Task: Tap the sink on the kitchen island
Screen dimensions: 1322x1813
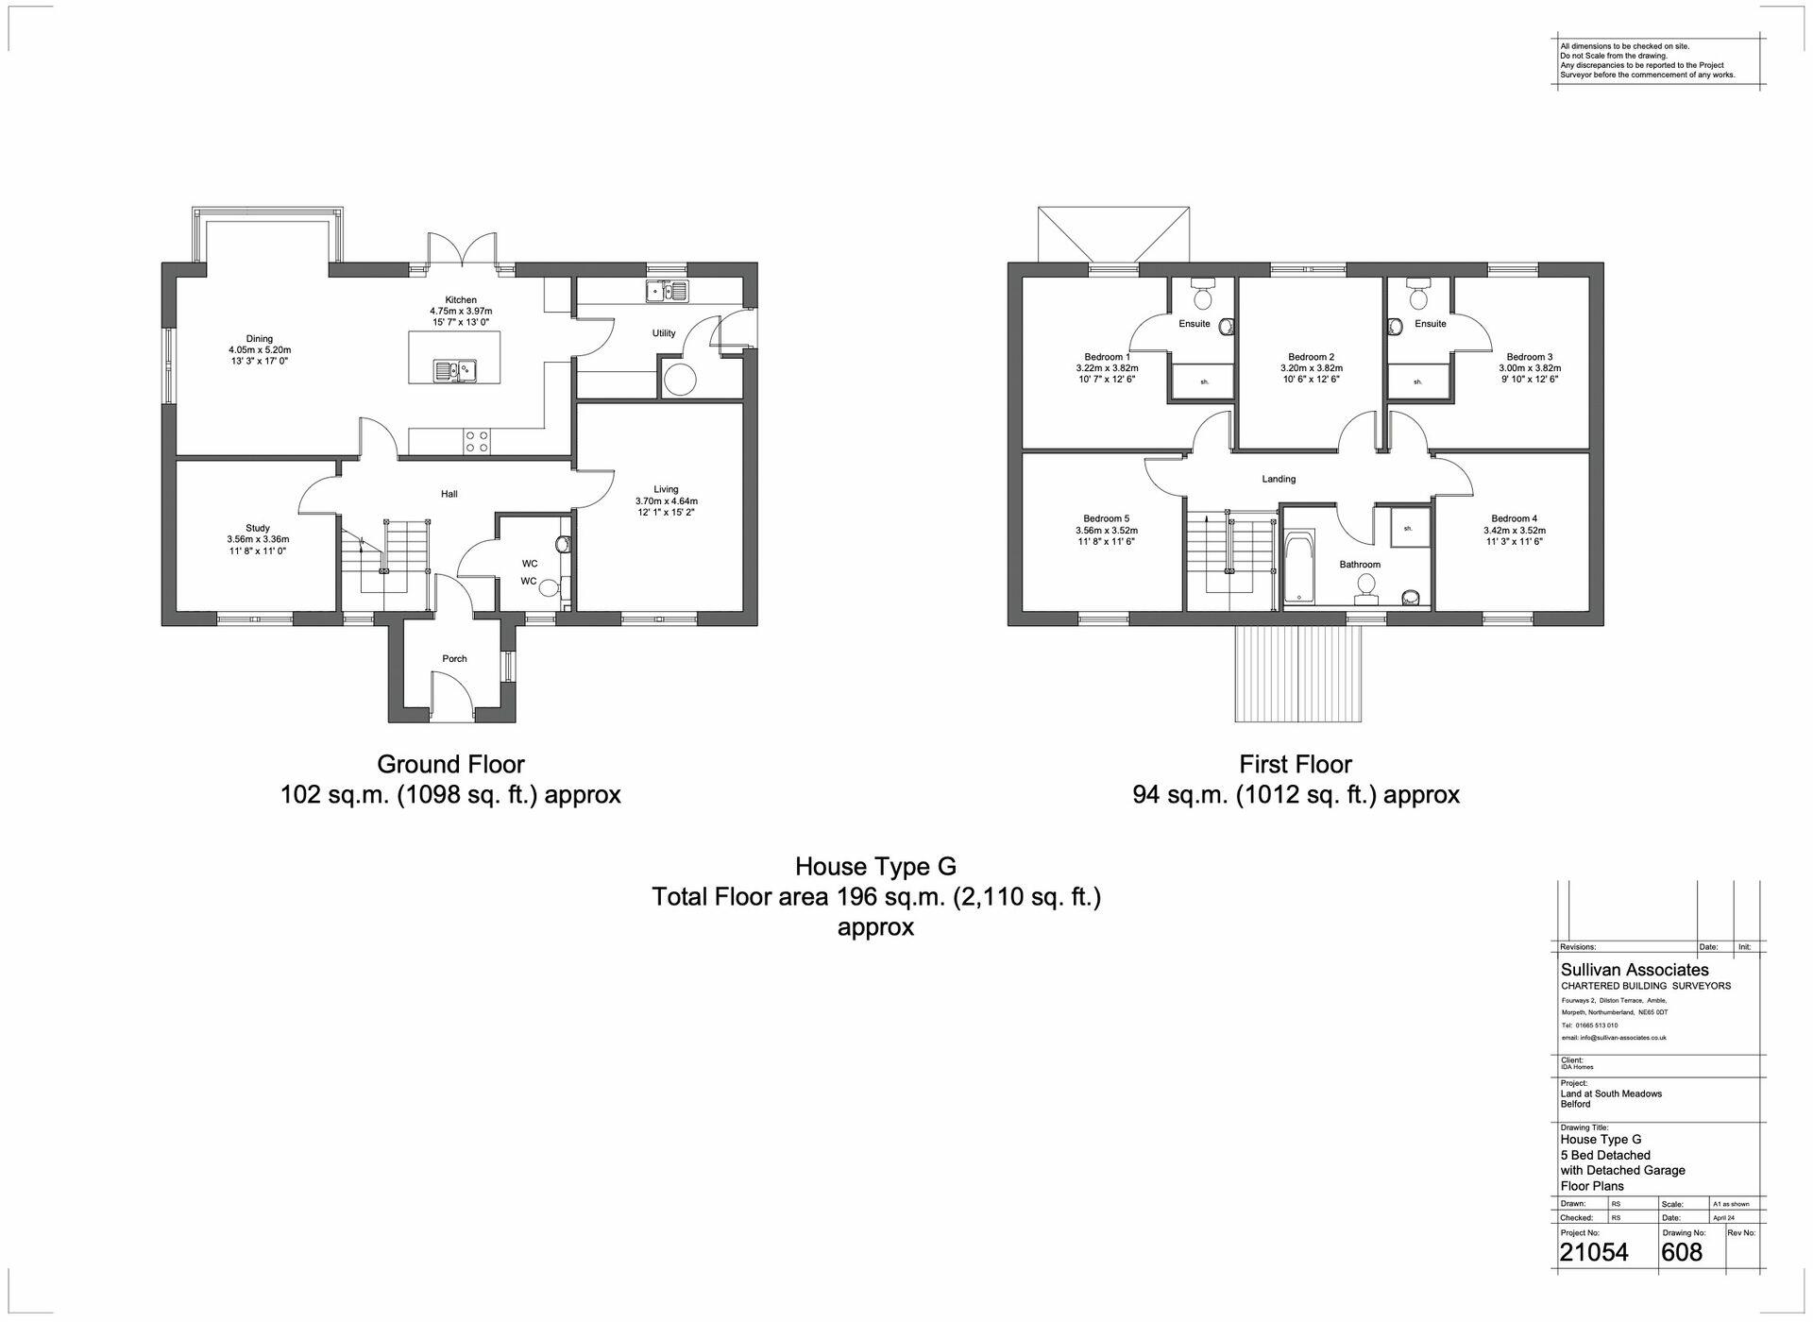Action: (454, 370)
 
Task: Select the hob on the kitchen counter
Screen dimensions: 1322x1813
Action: (476, 441)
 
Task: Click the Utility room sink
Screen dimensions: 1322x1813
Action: (668, 291)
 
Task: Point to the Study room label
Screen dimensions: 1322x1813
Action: (258, 528)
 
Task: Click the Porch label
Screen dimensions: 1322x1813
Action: (454, 658)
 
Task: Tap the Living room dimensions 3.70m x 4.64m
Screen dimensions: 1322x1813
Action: (666, 501)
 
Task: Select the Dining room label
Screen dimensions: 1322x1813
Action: (259, 338)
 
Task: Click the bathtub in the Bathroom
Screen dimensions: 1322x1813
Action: (1299, 568)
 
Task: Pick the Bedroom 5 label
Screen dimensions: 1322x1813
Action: (1106, 518)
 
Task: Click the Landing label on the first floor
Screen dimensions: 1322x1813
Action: (1279, 479)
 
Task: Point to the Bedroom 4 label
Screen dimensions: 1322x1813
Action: (1514, 518)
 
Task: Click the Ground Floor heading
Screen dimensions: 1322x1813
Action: (450, 764)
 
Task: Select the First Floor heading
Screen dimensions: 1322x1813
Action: (1296, 764)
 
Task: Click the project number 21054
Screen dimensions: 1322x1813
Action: (1593, 1252)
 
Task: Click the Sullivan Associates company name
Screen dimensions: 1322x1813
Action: (1634, 970)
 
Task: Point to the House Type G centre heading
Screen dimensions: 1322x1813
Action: (875, 866)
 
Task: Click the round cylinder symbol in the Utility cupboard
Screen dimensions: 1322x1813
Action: (681, 380)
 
